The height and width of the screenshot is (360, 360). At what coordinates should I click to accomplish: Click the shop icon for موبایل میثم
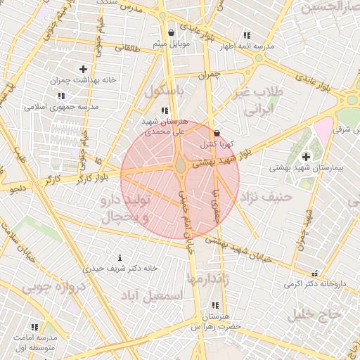(x=172, y=32)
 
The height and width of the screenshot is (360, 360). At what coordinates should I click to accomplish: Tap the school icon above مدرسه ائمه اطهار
(x=246, y=35)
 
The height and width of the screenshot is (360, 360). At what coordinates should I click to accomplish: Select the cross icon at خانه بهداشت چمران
(x=84, y=69)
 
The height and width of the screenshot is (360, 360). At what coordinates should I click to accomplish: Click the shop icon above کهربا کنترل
(x=217, y=133)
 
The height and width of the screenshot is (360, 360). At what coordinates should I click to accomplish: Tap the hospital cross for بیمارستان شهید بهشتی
(x=306, y=157)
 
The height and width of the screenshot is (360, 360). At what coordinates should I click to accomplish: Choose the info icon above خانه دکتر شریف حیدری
(x=120, y=257)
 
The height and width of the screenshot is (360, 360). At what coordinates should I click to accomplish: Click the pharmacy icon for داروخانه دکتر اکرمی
(x=315, y=273)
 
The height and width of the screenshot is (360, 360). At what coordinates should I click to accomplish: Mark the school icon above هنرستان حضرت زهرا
(x=215, y=305)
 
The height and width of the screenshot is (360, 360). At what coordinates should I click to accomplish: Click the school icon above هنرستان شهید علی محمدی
(x=165, y=110)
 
